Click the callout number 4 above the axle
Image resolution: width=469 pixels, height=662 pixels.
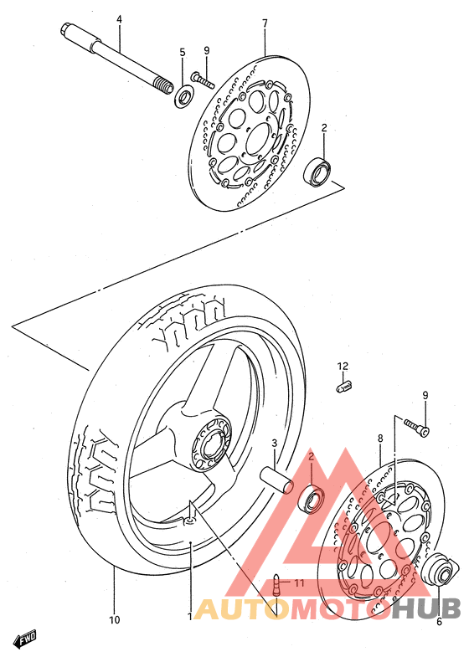119,19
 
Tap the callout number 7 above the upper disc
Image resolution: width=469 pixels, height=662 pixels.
265,23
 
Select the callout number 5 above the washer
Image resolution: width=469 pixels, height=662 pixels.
183,53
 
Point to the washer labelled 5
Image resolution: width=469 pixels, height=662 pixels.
183,96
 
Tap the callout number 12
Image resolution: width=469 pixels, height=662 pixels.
343,366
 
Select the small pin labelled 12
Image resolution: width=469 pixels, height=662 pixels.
344,387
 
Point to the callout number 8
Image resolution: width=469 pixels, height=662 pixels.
380,439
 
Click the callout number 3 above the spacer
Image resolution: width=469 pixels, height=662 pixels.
274,444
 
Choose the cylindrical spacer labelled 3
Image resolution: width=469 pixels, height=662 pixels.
276,480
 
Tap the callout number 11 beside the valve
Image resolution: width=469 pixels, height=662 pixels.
299,583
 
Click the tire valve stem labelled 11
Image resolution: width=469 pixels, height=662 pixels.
276,585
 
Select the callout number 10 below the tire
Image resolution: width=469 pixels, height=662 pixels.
114,620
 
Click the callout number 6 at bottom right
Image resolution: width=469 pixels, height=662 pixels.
439,622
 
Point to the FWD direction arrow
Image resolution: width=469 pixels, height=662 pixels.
25,639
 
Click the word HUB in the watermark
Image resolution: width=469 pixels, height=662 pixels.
426,608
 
